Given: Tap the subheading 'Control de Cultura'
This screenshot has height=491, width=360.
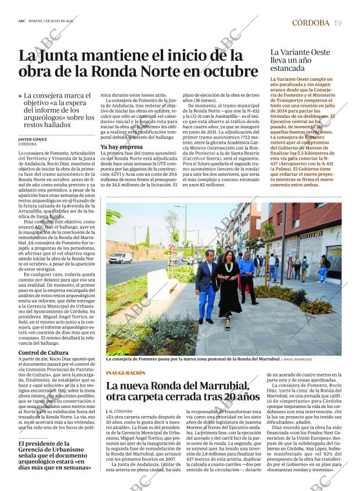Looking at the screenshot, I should (x=44, y=352).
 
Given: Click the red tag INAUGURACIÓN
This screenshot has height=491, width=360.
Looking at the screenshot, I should (x=125, y=373).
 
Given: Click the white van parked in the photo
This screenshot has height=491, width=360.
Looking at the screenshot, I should (x=121, y=258).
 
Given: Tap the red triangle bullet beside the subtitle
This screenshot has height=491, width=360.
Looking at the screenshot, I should (x=20, y=96).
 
